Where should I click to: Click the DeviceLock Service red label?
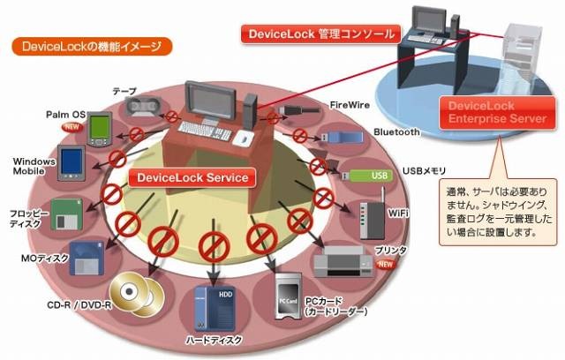191,177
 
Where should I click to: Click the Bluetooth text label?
397,132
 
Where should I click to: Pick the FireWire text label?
349,104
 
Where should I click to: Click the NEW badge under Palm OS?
72,127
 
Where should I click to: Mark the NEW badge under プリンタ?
385,264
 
